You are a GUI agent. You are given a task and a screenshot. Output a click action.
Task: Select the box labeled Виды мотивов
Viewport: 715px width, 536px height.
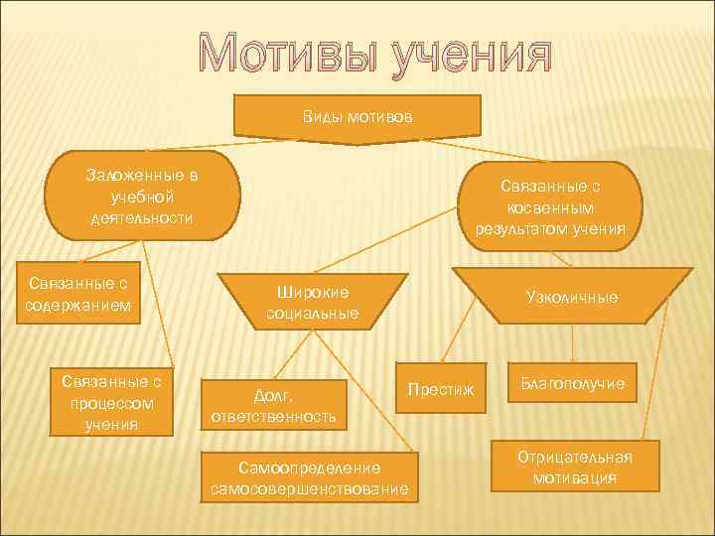pos(357,116)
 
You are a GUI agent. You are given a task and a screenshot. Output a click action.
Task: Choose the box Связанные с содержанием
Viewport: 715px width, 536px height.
pos(78,295)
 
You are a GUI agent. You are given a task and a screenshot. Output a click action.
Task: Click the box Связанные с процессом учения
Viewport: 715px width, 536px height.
pos(112,402)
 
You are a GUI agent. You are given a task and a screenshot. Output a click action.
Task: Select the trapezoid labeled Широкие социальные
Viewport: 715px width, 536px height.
pos(313,303)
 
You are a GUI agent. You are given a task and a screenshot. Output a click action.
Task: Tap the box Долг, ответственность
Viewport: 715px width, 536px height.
pos(273,406)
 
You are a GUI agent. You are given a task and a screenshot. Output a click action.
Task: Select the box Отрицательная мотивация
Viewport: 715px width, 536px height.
pos(574,467)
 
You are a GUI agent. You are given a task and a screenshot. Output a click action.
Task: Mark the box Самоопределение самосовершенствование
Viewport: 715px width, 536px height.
pos(309,477)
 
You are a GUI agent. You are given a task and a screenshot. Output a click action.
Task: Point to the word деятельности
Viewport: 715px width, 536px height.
pos(140,217)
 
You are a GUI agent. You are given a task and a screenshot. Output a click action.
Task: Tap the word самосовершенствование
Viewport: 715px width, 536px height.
pos(309,489)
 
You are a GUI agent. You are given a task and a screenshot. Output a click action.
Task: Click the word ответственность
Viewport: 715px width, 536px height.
pos(273,417)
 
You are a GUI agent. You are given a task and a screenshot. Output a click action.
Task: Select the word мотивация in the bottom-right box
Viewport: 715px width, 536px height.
pos(574,477)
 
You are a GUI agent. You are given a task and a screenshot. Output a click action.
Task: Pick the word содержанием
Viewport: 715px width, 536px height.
pos(78,305)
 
